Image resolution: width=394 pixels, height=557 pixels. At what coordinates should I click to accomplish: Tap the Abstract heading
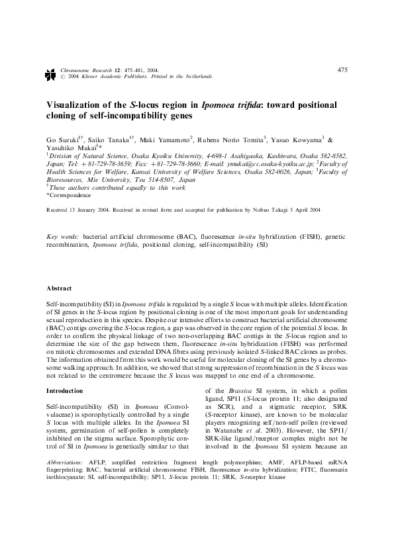point(59,289)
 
